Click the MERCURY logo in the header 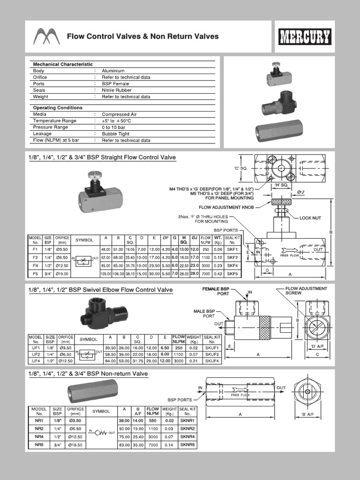click(x=305, y=37)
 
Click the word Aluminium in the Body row click(x=113, y=71)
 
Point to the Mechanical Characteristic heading click(x=63, y=64)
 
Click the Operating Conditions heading click(x=58, y=108)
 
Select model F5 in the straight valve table click(x=35, y=273)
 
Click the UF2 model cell click(x=35, y=354)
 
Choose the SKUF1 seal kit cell click(x=211, y=348)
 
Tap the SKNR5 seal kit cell click(x=187, y=444)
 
